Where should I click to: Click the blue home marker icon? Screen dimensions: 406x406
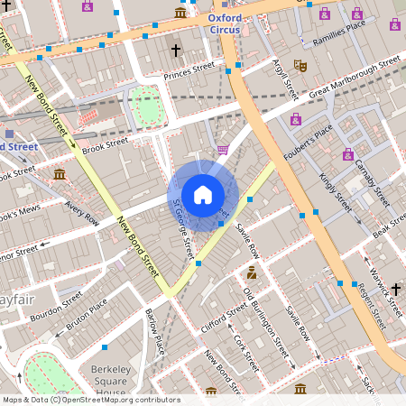click(x=203, y=194)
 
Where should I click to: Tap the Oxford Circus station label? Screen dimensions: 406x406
click(x=225, y=23)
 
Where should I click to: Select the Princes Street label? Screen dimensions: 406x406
click(x=188, y=66)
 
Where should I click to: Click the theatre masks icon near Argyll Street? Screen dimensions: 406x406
click(x=301, y=66)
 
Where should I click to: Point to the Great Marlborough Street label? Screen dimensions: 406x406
click(x=355, y=78)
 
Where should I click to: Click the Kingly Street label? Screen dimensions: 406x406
click(x=335, y=190)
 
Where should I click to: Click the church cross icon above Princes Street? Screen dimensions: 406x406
click(x=176, y=51)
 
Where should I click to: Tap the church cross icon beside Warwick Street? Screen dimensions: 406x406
click(x=396, y=289)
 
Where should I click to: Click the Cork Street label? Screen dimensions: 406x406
click(x=239, y=343)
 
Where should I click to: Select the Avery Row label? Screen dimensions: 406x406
click(x=81, y=211)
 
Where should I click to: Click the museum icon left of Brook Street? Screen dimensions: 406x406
click(x=60, y=173)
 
